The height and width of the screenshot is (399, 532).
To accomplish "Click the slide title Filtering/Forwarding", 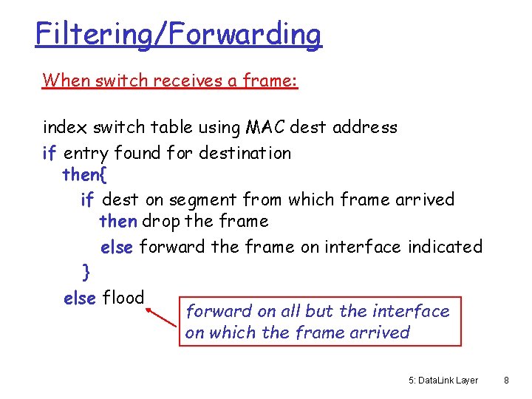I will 178,34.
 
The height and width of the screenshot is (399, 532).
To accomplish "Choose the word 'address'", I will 364,128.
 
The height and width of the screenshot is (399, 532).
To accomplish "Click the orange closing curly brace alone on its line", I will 86,273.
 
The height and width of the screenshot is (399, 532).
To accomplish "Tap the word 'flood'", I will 123,299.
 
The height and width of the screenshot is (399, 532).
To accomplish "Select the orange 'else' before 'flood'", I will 80,299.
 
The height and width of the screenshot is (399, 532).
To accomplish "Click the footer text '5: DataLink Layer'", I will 443,381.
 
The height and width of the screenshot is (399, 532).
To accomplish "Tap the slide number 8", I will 506,381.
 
